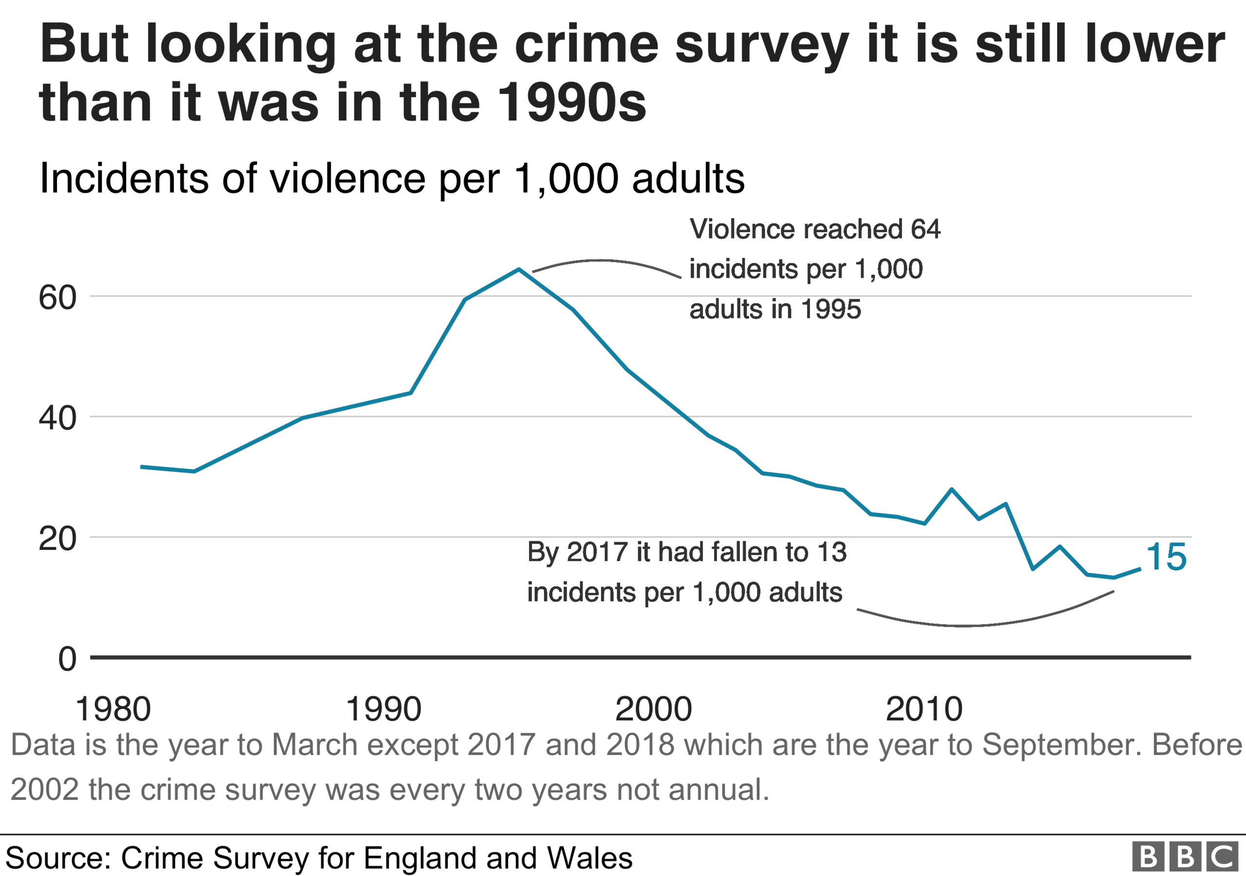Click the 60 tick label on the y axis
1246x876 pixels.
pyautogui.click(x=57, y=298)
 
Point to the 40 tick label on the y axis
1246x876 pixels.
pyautogui.click(x=57, y=419)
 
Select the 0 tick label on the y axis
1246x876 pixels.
pyautogui.click(x=67, y=659)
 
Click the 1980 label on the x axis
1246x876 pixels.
pyautogui.click(x=113, y=709)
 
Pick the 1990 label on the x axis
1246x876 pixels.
pyautogui.click(x=383, y=709)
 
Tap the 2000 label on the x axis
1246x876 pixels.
pyautogui.click(x=653, y=709)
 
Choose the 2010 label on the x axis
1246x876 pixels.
pyautogui.click(x=924, y=709)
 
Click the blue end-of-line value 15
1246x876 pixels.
pyautogui.click(x=1166, y=557)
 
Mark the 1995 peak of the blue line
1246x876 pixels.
pyautogui.click(x=519, y=269)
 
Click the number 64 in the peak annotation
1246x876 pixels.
pyautogui.click(x=925, y=229)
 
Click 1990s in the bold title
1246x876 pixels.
pyautogui.click(x=571, y=103)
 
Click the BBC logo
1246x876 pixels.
pyautogui.click(x=1185, y=857)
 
